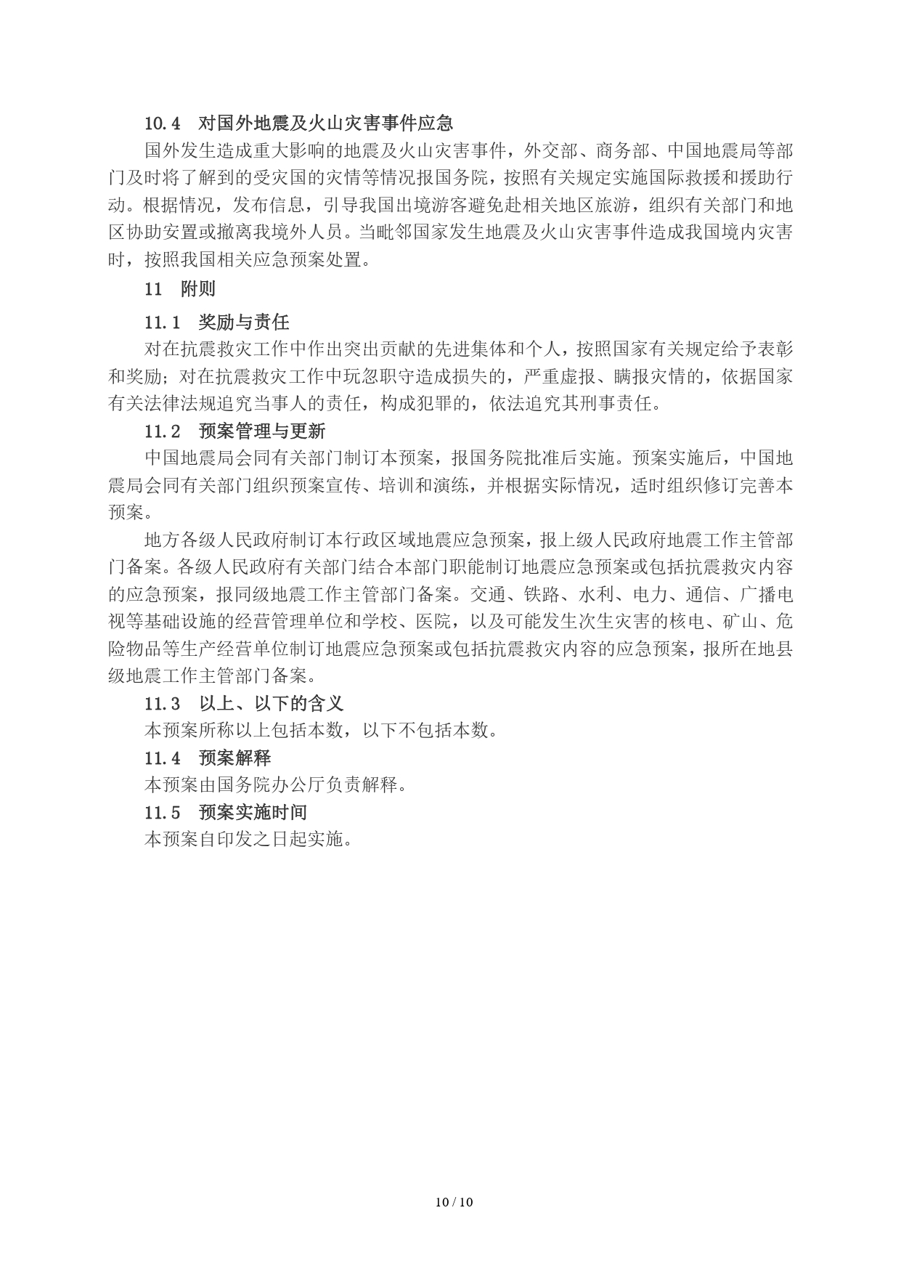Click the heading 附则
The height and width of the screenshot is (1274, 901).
(198, 288)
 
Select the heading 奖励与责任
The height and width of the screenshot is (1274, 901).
(243, 322)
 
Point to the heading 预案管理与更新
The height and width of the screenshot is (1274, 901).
(261, 431)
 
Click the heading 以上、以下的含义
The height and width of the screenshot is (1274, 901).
(271, 703)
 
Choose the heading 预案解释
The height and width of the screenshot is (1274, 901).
(235, 758)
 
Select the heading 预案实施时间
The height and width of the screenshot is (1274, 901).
(253, 812)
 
